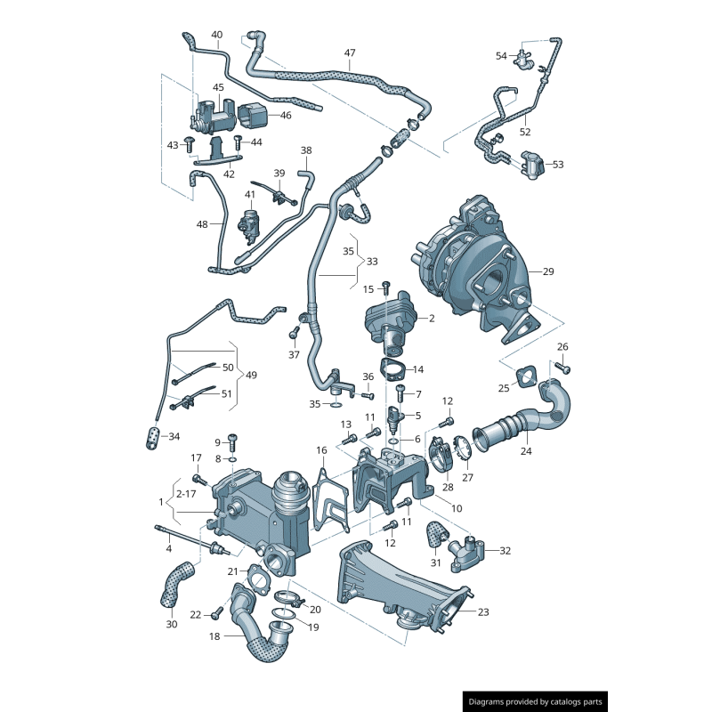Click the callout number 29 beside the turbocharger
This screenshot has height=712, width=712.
click(548, 271)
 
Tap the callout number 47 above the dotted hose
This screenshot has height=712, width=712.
click(350, 53)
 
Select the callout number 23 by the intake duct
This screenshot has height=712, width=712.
click(483, 612)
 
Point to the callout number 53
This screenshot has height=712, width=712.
click(558, 165)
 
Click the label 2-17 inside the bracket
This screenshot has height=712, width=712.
click(186, 494)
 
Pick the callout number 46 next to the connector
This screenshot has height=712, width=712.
click(286, 116)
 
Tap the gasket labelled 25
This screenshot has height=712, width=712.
click(526, 377)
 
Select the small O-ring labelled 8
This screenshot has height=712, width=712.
click(231, 459)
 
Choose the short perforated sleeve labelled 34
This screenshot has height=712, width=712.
click(152, 438)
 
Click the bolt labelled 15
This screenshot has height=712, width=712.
click(386, 287)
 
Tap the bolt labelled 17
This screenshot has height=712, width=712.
click(199, 480)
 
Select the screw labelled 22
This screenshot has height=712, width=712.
click(217, 613)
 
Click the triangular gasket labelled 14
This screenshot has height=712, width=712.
click(392, 368)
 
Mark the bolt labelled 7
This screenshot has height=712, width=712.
click(400, 392)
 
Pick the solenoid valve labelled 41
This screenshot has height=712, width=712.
click(249, 224)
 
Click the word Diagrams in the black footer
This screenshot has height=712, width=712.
click(486, 702)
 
